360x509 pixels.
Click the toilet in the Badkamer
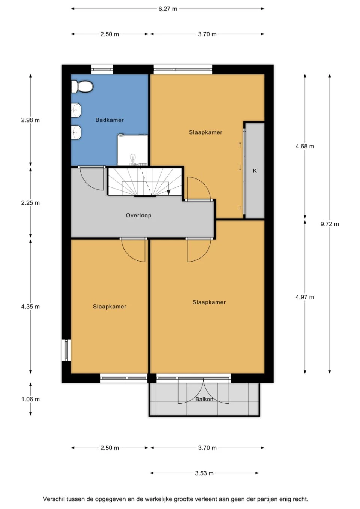[82, 87]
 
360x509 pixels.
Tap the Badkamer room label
[109, 120]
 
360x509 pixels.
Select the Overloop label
[138, 216]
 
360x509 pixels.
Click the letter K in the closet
[255, 171]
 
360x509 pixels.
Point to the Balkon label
[204, 399]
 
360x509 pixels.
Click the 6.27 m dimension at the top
[168, 9]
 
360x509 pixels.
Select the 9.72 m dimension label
[330, 224]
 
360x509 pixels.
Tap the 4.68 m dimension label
[305, 147]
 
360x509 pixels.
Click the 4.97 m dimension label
[305, 297]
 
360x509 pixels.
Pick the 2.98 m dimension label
[30, 120]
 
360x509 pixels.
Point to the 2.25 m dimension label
[30, 203]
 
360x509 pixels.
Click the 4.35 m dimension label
[30, 307]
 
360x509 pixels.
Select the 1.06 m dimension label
[30, 399]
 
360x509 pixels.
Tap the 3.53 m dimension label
[204, 473]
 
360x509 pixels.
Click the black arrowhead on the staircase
[169, 192]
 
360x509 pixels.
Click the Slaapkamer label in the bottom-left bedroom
[109, 307]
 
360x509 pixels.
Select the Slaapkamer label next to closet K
[205, 132]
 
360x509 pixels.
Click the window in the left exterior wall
[66, 350]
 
